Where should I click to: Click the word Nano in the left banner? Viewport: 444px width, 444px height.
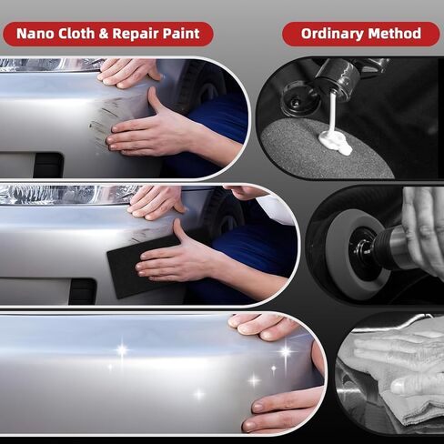37,34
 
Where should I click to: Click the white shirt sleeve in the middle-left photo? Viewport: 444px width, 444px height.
273,207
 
